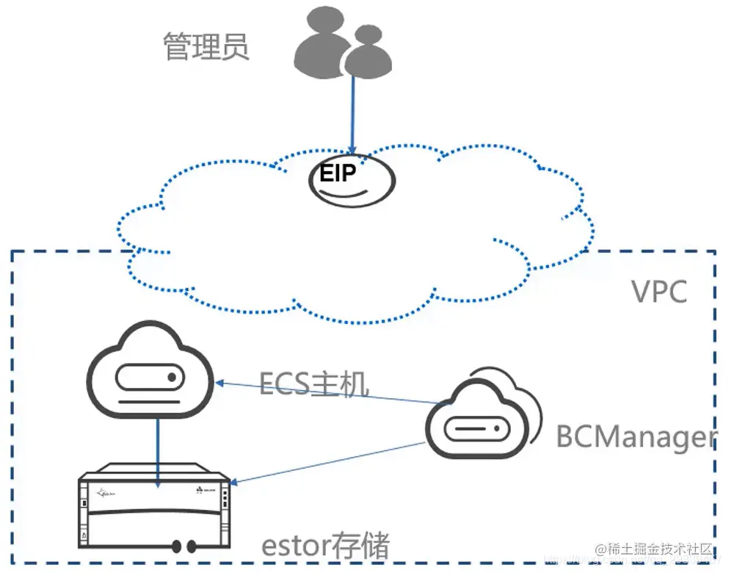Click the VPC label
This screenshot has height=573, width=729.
coord(659,292)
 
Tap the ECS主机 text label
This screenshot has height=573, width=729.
coord(314,383)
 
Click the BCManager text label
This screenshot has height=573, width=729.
coord(635,436)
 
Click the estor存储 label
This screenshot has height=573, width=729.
coord(326,547)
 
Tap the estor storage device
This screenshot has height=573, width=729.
coord(156,507)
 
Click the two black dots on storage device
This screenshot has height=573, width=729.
coord(184,547)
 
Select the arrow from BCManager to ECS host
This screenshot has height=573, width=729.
coord(330,392)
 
